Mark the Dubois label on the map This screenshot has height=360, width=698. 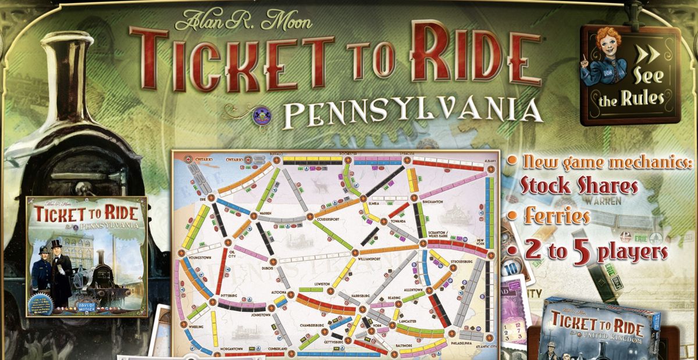click(268, 268)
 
